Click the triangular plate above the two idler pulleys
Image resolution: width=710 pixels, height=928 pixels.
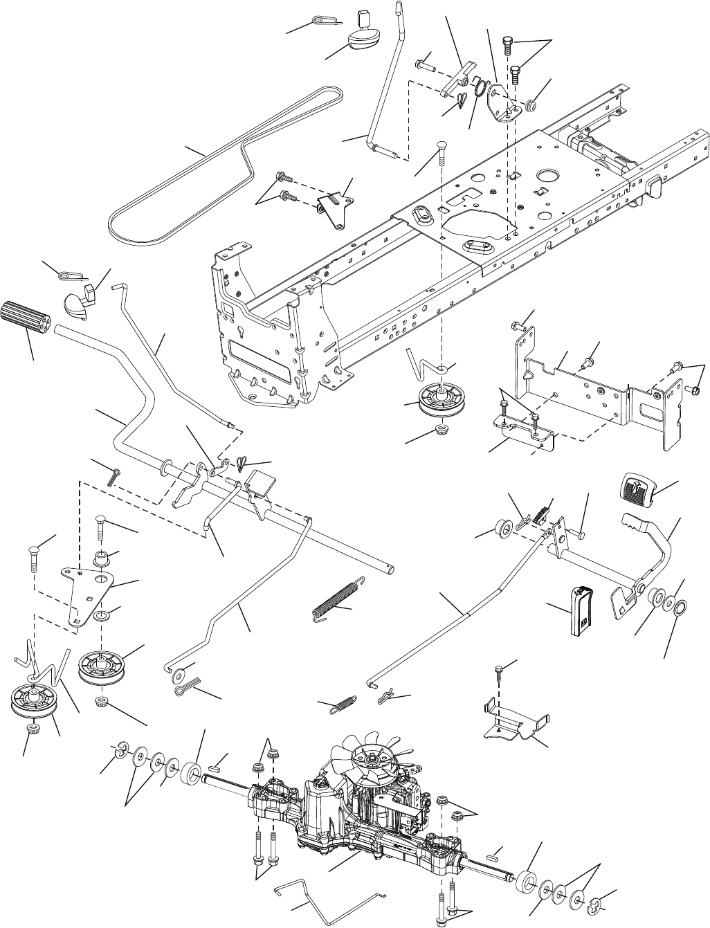click(x=87, y=588)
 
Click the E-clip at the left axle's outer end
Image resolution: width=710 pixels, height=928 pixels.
click(x=119, y=749)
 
